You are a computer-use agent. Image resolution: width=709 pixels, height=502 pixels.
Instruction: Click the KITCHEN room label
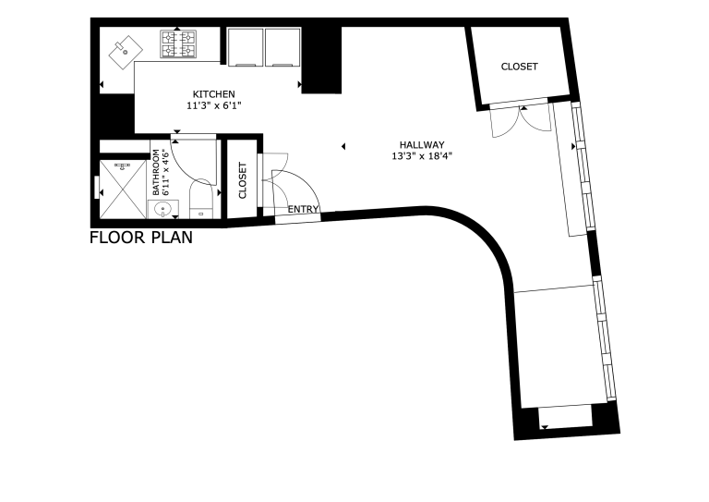click(x=214, y=94)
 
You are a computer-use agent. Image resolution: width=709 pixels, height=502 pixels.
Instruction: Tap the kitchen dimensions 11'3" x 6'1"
click(x=214, y=106)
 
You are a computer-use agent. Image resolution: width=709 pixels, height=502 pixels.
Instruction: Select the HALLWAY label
click(x=422, y=145)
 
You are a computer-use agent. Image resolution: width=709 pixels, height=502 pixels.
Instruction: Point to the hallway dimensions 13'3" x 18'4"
click(x=422, y=156)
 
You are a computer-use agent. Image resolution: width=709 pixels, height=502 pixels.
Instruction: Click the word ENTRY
click(x=303, y=209)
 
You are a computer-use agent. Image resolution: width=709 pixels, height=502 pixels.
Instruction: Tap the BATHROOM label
click(x=156, y=173)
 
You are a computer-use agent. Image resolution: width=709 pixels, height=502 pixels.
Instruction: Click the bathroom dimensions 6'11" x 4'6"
click(x=165, y=173)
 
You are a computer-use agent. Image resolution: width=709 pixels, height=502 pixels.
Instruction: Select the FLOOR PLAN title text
click(x=141, y=238)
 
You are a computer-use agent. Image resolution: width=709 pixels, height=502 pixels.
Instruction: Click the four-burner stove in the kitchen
click(x=178, y=43)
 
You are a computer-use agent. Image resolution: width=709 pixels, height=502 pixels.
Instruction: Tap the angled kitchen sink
click(x=126, y=53)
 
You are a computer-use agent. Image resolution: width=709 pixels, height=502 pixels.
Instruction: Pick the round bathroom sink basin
click(x=162, y=210)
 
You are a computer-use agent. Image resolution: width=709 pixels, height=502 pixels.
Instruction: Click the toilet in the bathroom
click(x=201, y=199)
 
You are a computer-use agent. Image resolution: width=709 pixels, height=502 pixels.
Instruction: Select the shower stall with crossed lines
click(x=123, y=190)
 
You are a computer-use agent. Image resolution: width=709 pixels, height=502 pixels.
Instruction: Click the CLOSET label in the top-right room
click(x=519, y=67)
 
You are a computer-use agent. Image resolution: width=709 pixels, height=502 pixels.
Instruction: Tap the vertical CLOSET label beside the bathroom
click(x=243, y=180)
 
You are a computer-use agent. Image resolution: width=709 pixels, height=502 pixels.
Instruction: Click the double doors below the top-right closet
click(x=522, y=121)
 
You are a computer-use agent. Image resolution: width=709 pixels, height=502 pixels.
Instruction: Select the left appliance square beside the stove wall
click(x=245, y=47)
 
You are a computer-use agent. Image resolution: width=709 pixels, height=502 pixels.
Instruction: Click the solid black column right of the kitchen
click(x=321, y=60)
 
